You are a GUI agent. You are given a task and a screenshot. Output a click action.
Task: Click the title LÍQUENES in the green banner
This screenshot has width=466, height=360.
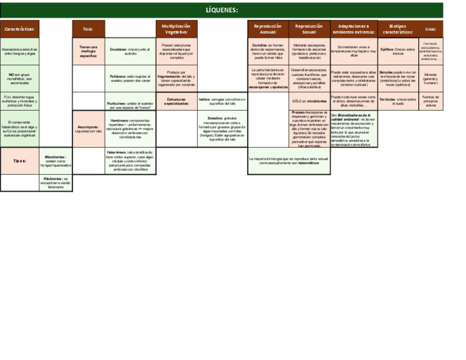(221, 10)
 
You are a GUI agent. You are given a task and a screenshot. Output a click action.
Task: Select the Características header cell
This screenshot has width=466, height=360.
(20, 29)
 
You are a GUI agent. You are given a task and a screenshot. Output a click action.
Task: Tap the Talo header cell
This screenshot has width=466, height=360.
(88, 29)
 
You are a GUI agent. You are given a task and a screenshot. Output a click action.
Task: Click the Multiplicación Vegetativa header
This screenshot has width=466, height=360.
(176, 29)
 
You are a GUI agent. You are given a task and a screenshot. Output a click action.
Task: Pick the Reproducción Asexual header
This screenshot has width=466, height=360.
(268, 29)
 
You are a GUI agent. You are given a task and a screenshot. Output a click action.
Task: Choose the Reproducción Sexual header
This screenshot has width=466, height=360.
(309, 29)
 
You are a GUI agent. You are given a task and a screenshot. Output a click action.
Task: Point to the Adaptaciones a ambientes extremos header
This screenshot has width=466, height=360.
(354, 29)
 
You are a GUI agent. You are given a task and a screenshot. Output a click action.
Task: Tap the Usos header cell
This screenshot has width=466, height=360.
(430, 29)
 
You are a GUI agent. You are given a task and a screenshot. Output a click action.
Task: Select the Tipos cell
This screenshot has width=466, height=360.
(20, 160)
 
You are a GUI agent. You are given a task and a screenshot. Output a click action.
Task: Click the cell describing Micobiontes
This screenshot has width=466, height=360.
(56, 160)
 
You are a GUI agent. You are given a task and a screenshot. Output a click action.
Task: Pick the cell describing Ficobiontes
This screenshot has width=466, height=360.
(56, 182)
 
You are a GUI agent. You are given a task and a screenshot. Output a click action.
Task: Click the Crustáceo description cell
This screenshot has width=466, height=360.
(130, 51)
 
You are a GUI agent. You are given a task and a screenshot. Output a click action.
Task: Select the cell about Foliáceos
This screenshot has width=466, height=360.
(130, 79)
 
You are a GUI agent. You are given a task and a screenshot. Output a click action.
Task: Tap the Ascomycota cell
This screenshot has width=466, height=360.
(88, 129)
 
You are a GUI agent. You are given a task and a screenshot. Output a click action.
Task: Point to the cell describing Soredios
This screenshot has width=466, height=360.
(222, 129)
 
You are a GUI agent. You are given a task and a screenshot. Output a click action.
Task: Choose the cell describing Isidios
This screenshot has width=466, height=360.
(222, 101)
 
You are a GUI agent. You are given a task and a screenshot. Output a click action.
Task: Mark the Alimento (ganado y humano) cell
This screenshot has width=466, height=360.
(430, 79)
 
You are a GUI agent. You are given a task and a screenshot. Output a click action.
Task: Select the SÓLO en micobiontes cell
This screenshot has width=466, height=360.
(309, 101)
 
